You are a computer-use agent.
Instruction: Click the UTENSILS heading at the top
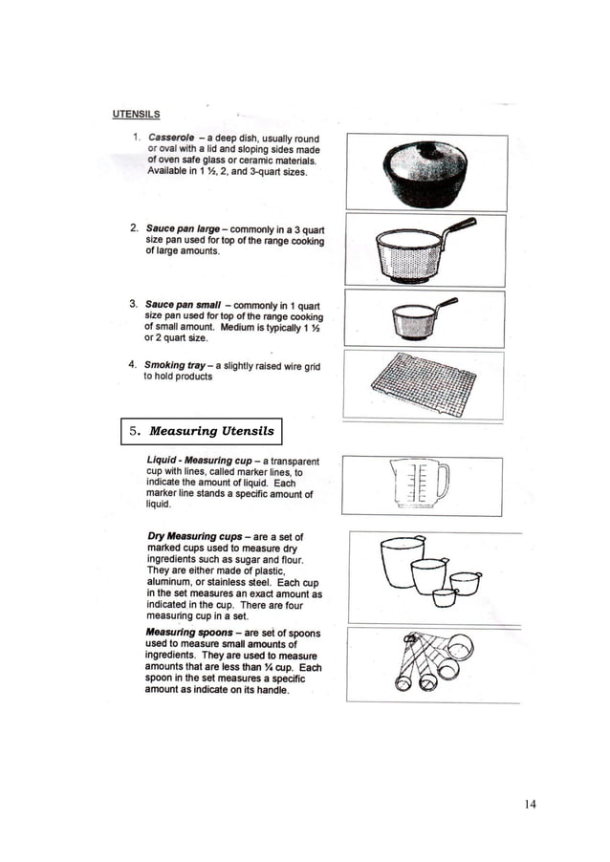137,116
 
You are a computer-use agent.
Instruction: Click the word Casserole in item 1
173,140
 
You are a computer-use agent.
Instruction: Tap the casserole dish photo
426,173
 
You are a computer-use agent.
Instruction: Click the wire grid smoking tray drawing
424,386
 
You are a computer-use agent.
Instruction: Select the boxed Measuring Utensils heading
202,431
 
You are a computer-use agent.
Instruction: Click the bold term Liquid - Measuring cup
198,462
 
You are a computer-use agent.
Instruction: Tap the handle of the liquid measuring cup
443,479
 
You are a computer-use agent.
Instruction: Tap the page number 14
530,804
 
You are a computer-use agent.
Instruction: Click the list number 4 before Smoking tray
132,365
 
